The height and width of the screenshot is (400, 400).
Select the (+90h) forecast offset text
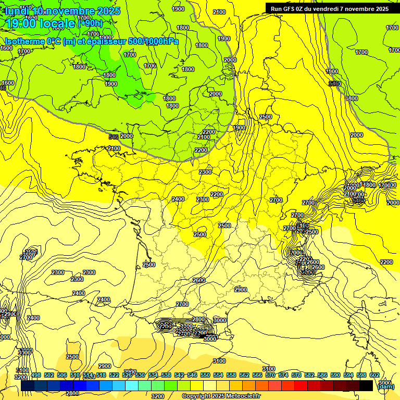point(90,23)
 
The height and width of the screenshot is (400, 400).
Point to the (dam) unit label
point(385,386)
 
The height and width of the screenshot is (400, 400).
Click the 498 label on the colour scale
point(36,375)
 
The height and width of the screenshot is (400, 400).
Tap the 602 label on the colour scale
point(374,375)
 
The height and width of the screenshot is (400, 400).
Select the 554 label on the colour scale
point(218,375)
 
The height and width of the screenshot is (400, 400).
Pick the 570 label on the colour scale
point(270,375)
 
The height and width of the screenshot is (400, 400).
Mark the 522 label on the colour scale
point(114,375)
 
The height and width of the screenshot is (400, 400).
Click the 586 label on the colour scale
point(322,375)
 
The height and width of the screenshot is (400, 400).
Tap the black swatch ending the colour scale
point(366,385)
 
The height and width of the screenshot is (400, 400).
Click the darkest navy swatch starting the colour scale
point(28,385)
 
